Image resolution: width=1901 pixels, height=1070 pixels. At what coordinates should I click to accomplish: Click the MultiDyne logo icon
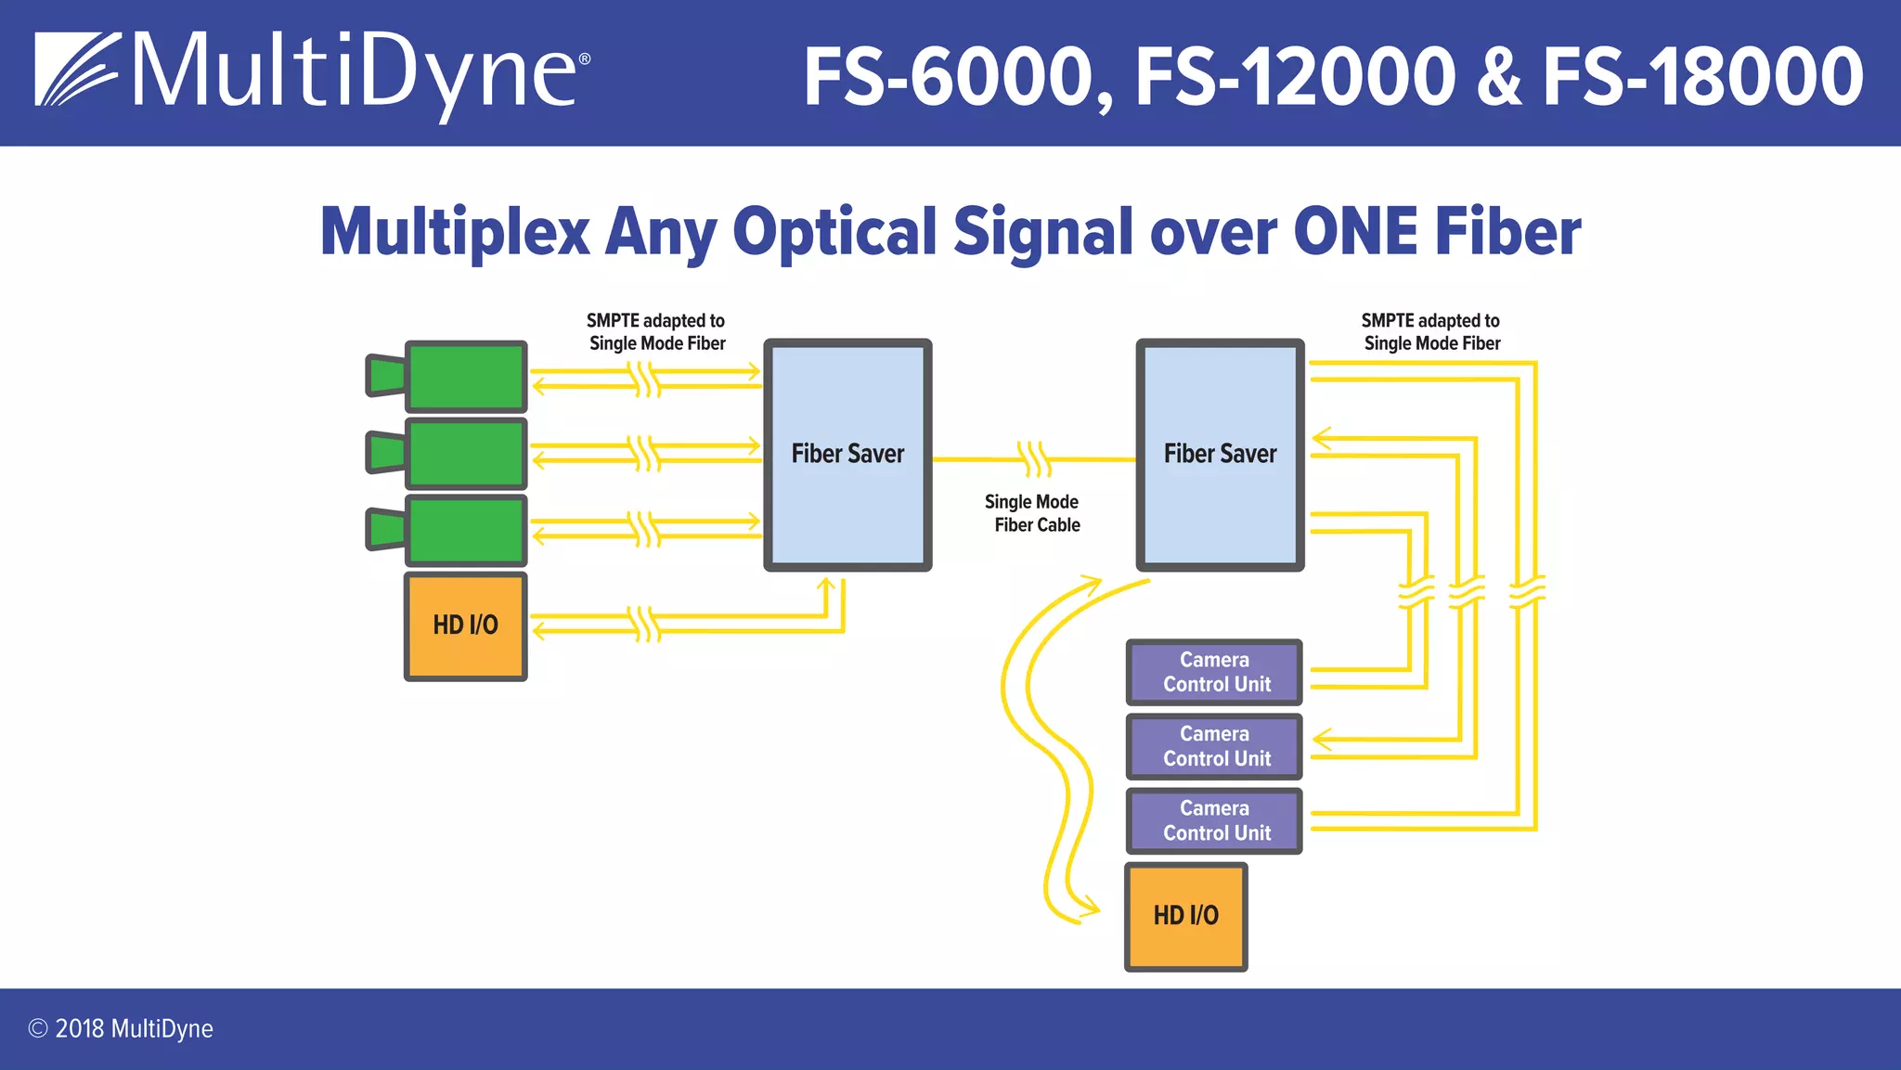(77, 70)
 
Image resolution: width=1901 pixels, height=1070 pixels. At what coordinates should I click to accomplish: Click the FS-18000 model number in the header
(1703, 78)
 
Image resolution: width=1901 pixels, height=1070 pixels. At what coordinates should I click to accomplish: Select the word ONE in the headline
(1355, 232)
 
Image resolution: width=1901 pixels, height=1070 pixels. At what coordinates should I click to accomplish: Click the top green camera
(466, 376)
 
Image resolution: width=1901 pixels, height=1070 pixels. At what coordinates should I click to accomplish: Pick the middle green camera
(466, 453)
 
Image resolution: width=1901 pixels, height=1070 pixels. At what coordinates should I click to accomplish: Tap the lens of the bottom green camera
(386, 530)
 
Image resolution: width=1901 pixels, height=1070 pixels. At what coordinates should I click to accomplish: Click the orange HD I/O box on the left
(466, 625)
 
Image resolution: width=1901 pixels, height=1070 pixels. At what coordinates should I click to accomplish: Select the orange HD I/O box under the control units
(1185, 916)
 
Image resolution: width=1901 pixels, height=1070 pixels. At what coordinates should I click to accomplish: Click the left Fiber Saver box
(847, 454)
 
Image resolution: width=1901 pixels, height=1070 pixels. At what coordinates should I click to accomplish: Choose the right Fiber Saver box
(1220, 454)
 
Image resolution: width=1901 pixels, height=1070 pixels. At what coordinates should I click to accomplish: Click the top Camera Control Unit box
(1214, 672)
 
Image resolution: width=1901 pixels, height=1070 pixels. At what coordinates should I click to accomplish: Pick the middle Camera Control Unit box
(1214, 746)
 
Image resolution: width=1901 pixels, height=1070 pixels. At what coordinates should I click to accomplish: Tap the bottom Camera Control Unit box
(1214, 820)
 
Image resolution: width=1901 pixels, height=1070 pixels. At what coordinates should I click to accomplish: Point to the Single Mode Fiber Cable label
(1033, 513)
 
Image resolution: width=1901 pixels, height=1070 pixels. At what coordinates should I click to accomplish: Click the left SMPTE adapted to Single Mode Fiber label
(656, 331)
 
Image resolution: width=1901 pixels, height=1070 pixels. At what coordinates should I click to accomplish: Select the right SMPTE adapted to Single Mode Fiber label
(1430, 331)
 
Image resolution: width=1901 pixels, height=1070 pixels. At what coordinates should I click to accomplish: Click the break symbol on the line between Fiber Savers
(1034, 458)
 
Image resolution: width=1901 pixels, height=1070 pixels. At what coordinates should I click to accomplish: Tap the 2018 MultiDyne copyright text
(121, 1028)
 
